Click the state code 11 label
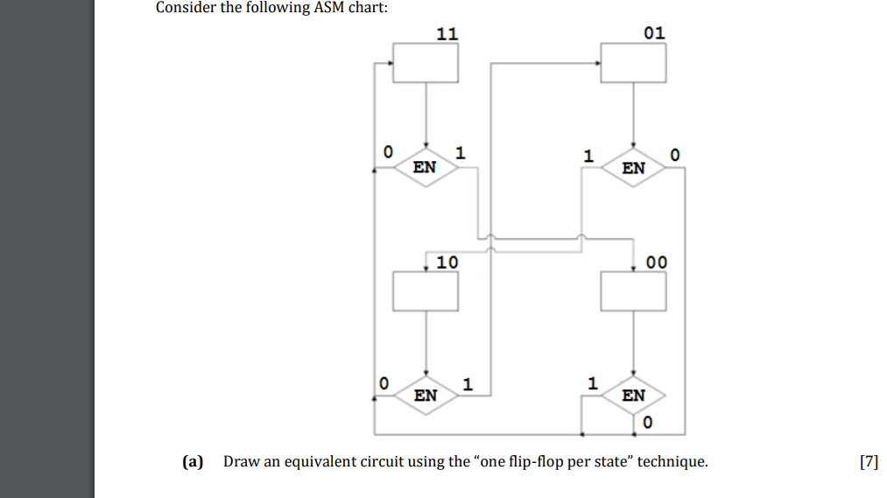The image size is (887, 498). coord(447,34)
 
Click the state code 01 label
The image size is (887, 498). coord(654,33)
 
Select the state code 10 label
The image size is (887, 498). coord(447,262)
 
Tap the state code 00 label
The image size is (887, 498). coord(656,262)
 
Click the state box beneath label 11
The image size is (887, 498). coord(425,63)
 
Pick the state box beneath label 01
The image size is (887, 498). coord(633,63)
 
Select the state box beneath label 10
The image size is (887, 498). coord(425,291)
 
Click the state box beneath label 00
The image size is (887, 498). coord(633,291)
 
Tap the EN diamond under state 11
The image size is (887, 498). coord(425,166)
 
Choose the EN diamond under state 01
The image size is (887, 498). coord(633,166)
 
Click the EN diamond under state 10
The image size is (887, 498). coord(425,395)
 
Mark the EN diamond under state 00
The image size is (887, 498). coord(633,395)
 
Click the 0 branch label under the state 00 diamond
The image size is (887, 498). coord(647,424)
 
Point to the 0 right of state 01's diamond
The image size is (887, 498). coord(673,155)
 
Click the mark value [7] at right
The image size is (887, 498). coord(868,461)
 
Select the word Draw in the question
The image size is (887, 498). coord(239,461)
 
